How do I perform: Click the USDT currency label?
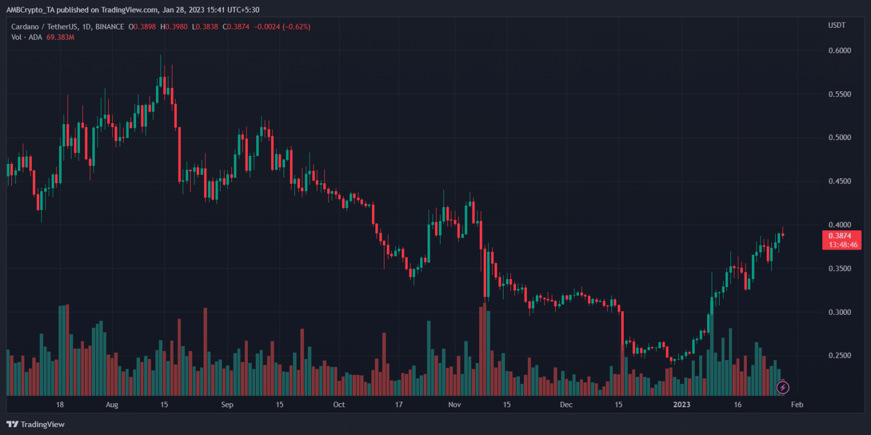[836, 26]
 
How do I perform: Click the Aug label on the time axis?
[112, 405]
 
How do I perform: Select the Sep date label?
[227, 405]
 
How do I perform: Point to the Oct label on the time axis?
[339, 405]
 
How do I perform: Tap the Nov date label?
[454, 405]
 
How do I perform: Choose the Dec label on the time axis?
[566, 405]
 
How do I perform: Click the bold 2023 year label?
[681, 405]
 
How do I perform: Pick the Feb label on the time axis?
[797, 405]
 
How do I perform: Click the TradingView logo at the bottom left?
[35, 424]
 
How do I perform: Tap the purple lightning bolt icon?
[783, 387]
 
